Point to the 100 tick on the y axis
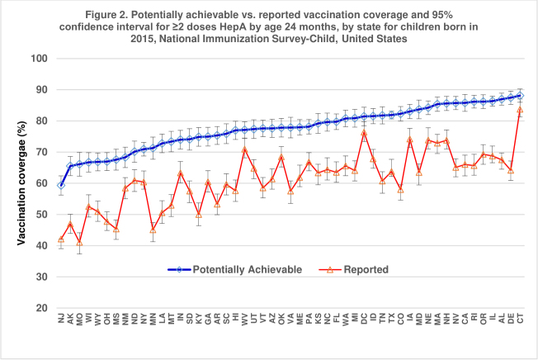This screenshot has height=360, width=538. [x=40, y=59]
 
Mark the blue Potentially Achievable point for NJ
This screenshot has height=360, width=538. [x=61, y=185]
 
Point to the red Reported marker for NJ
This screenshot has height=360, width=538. [x=61, y=239]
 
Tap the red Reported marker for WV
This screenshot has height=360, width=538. [x=244, y=149]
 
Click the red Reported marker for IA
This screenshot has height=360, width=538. [x=410, y=140]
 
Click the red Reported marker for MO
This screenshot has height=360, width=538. [x=79, y=242]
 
